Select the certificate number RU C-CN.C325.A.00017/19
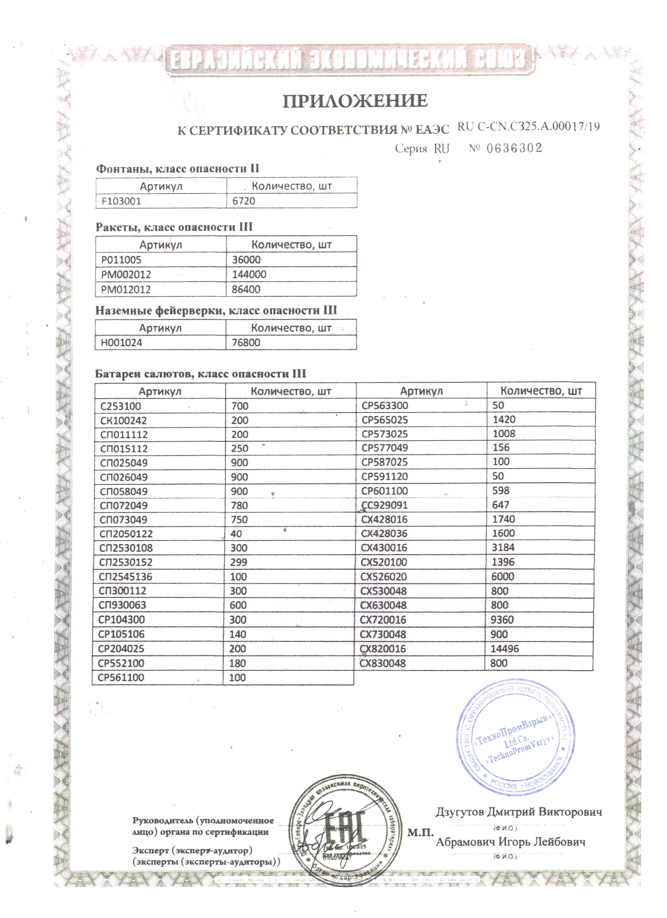[528, 127]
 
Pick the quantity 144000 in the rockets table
[249, 275]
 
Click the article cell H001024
[121, 343]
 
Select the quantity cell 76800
[246, 343]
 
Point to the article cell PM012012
[126, 289]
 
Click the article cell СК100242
[123, 421]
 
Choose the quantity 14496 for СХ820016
[505, 649]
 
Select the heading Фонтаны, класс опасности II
[177, 169]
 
